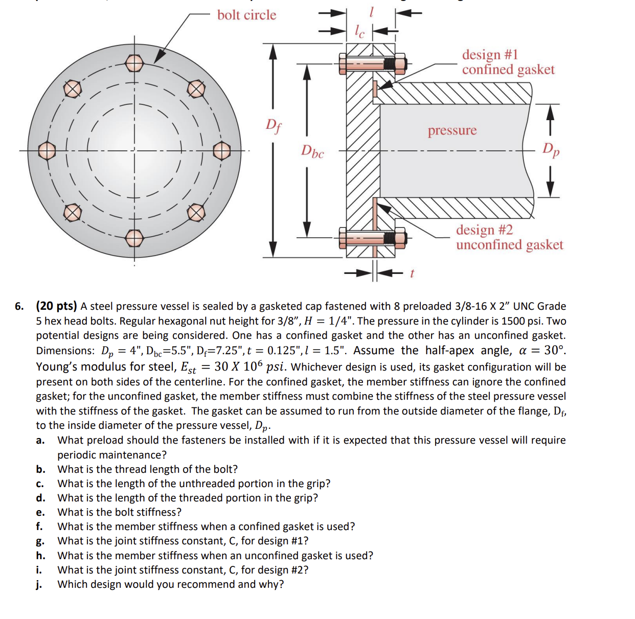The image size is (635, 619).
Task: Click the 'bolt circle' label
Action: coord(247,15)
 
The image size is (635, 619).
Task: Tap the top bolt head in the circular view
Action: coord(134,63)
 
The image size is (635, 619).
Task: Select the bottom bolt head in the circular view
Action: coord(134,239)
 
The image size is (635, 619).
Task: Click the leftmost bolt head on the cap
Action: coord(47,151)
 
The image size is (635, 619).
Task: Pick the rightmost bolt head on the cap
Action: coord(222,151)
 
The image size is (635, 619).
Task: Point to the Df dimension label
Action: coord(274,126)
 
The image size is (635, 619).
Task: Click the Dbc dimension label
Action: coord(312,151)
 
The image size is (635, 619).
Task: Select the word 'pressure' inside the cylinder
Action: coord(452,130)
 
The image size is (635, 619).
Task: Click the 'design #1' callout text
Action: coord(490,55)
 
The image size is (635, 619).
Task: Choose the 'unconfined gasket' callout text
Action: coord(510,244)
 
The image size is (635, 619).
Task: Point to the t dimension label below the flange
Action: coord(412,273)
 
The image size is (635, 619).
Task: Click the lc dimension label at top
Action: coord(359,32)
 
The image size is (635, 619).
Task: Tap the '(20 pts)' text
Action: coord(56,306)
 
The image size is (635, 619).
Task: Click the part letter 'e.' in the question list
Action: coord(40,512)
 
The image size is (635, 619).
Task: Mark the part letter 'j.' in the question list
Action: coord(39,584)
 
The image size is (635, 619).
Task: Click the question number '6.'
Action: coord(19,306)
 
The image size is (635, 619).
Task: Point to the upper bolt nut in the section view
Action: coord(400,63)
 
